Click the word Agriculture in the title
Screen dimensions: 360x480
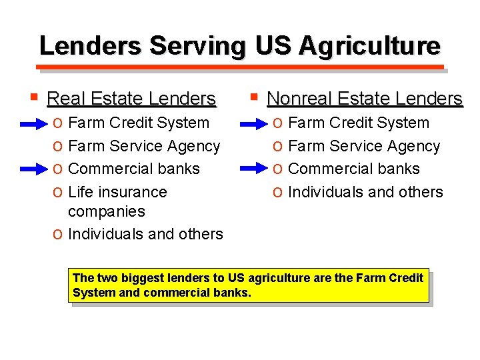369,46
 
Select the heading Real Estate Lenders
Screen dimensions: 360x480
131,99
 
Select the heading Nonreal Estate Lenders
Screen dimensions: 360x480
364,99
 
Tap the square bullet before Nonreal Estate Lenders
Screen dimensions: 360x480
253,98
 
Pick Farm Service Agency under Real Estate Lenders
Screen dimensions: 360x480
144,146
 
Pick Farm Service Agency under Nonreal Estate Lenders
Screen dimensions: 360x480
364,146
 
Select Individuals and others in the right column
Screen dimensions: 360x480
365,192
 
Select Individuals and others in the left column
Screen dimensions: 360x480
145,234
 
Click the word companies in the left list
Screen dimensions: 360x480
106,211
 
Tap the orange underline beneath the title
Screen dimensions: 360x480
240,67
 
